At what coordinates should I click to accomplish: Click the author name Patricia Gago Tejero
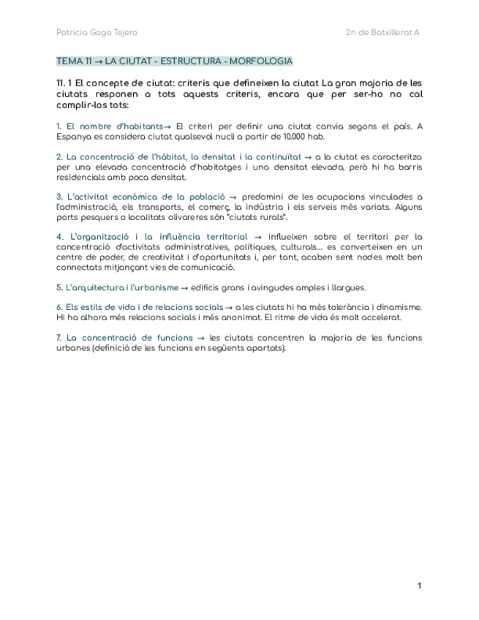click(97, 32)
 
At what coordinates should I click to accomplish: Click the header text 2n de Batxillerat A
click(382, 32)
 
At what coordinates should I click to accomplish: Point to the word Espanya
click(74, 136)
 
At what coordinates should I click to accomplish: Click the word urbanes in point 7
click(73, 348)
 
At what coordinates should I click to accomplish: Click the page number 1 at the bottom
click(419, 586)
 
